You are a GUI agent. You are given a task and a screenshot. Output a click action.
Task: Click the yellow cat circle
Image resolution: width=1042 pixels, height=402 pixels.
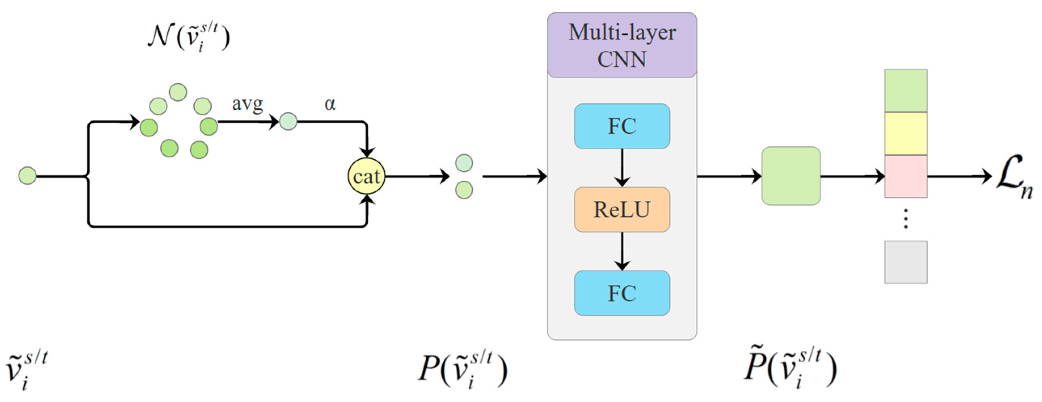(x=366, y=176)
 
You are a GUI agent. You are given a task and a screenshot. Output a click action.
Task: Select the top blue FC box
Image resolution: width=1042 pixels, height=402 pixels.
(x=622, y=126)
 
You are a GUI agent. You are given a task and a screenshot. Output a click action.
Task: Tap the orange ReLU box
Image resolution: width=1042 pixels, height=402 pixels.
(x=622, y=209)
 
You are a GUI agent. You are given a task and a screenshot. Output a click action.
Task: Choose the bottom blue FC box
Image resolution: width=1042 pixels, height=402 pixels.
(x=622, y=293)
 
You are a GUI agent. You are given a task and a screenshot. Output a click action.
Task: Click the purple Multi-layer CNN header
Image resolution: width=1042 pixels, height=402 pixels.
(x=622, y=45)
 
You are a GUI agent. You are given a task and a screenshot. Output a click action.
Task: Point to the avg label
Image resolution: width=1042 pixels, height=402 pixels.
(x=247, y=104)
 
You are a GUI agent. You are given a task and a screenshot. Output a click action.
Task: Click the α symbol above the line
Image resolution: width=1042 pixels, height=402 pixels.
(x=330, y=104)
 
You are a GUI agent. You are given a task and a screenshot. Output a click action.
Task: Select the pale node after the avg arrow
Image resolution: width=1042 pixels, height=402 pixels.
(x=288, y=121)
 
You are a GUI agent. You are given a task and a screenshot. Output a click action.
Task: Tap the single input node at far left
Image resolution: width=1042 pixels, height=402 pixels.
(x=27, y=176)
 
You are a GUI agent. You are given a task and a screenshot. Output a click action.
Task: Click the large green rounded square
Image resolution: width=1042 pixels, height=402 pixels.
(x=791, y=176)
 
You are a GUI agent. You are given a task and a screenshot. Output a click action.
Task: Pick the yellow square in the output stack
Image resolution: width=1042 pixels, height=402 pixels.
(x=906, y=133)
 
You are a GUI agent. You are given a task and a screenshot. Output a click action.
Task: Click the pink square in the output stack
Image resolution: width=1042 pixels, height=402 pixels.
(x=906, y=176)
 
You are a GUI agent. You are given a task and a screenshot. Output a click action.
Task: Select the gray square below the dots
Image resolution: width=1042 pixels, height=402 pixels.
(x=906, y=262)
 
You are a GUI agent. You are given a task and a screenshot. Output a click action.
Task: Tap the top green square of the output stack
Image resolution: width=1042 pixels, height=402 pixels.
(x=906, y=90)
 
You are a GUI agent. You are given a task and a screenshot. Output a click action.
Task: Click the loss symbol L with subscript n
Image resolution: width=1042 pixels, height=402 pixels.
(x=1013, y=178)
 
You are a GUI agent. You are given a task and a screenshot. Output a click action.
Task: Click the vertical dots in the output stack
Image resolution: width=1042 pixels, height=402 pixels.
(x=906, y=219)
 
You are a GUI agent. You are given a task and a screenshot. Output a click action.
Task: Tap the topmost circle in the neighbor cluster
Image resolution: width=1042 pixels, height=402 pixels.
(x=178, y=92)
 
